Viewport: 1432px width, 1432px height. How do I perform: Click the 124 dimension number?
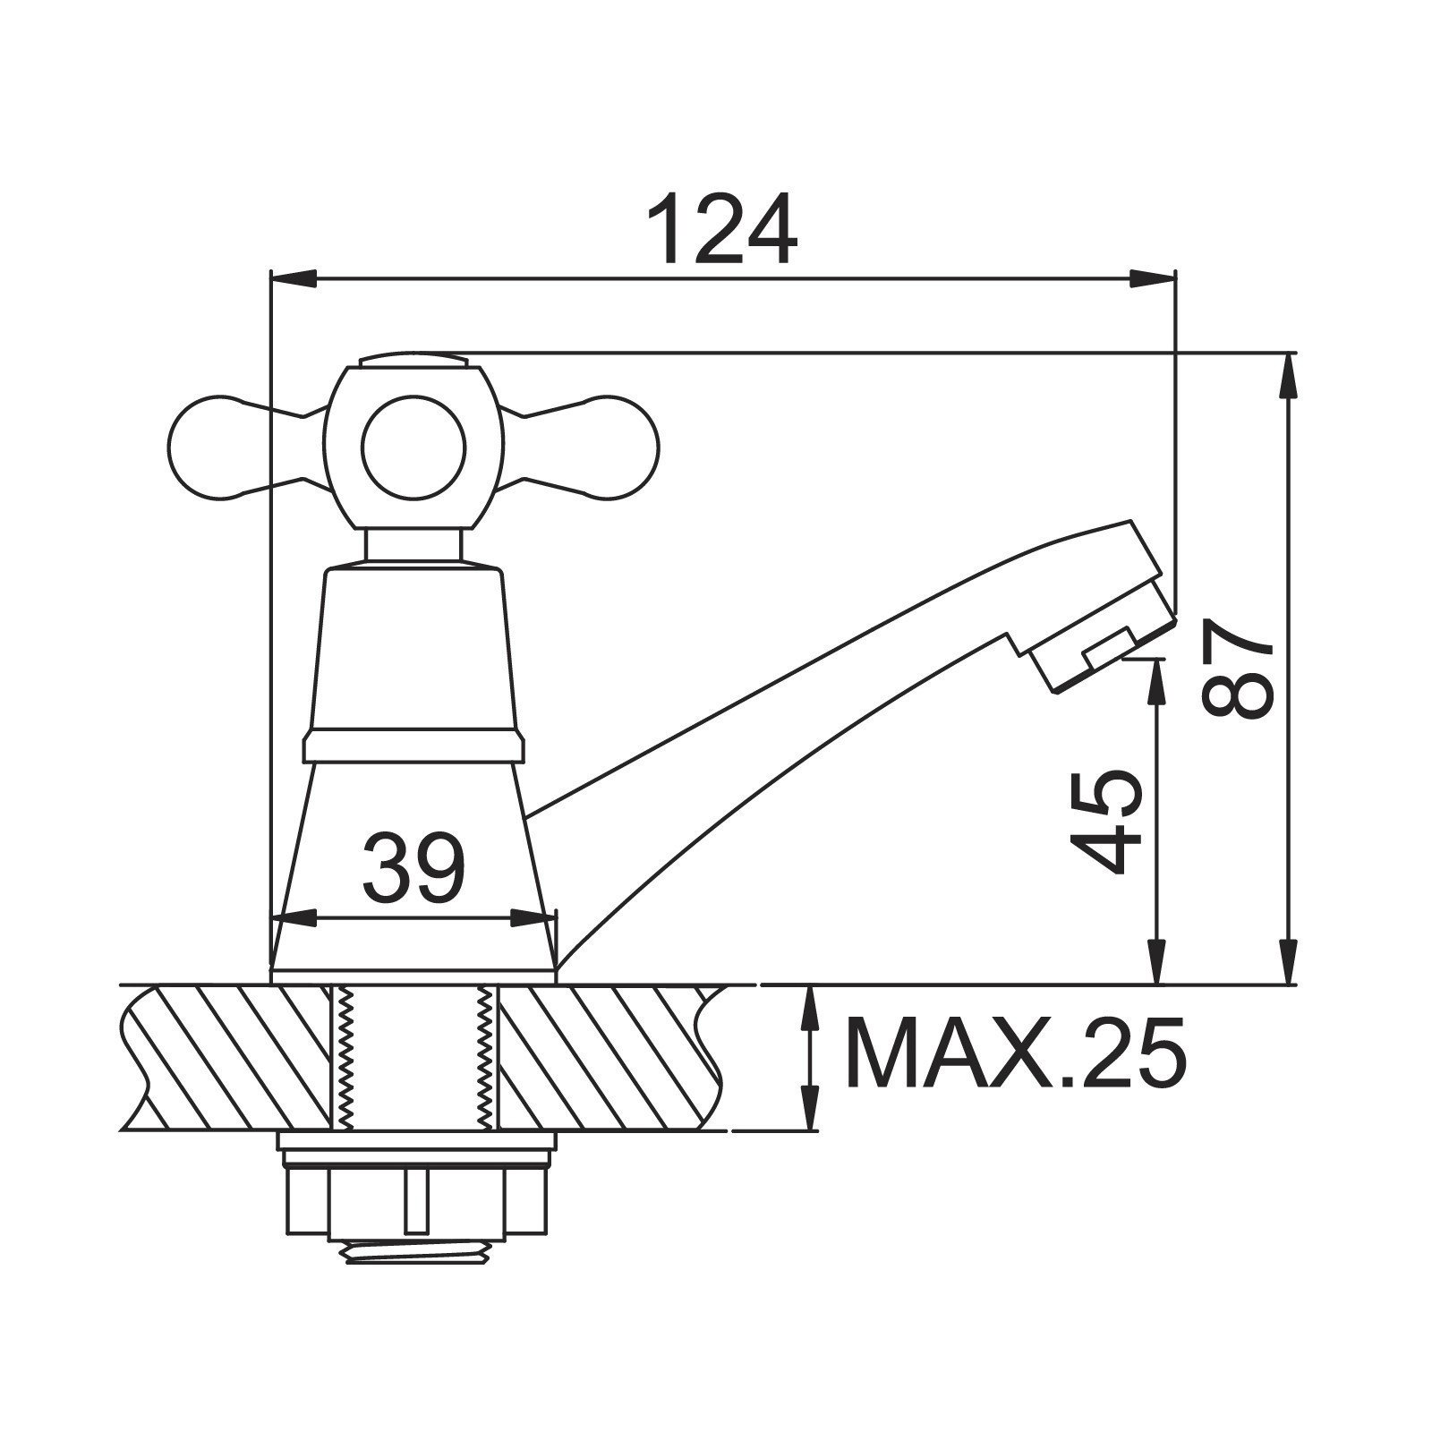coord(722,228)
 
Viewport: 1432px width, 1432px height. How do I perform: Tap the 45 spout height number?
coord(1107,821)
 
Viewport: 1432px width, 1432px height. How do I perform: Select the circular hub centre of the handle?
coord(413,446)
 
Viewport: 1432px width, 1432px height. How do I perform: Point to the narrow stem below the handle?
coord(413,546)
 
